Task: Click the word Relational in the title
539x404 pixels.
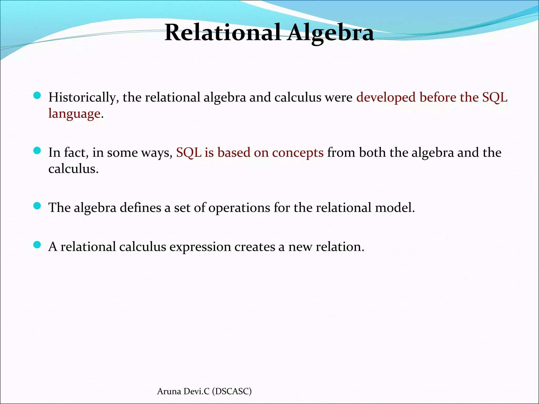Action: pyautogui.click(x=222, y=33)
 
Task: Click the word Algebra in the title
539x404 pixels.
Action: pyautogui.click(x=330, y=33)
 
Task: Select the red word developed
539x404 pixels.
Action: pyautogui.click(x=386, y=98)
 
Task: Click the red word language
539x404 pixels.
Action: pyautogui.click(x=74, y=114)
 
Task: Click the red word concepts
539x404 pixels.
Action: pyautogui.click(x=298, y=153)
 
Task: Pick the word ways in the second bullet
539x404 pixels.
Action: pyautogui.click(x=157, y=153)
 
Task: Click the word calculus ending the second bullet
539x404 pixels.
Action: pyautogui.click(x=73, y=169)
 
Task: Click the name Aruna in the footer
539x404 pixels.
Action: pyautogui.click(x=169, y=391)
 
